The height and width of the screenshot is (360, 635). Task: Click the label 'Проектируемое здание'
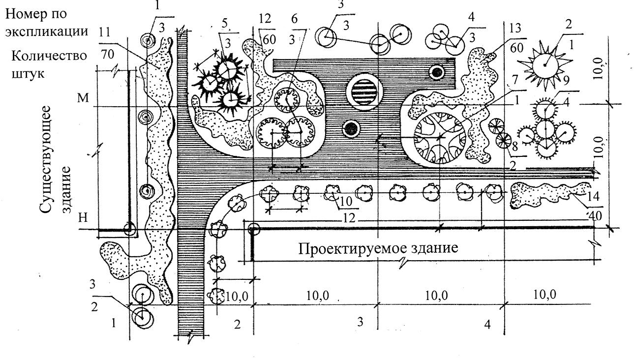tap(378, 248)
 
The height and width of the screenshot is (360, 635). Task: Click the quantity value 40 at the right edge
tap(595, 215)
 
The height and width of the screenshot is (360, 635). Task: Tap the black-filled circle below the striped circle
tap(351, 129)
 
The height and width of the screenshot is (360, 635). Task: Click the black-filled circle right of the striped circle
tap(437, 73)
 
